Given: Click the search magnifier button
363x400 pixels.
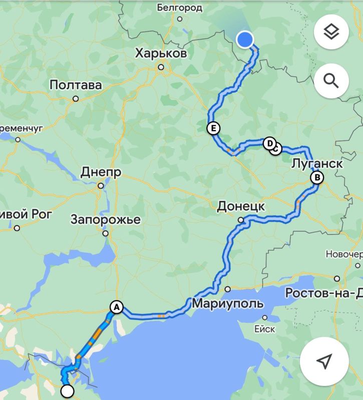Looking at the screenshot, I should tap(331, 80).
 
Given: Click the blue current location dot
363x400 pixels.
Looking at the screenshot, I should tap(245, 39).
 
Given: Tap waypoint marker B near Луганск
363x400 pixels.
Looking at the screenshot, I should tap(316, 177).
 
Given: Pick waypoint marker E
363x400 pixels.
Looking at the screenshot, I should tap(213, 128).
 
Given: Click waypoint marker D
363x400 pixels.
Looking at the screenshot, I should tap(270, 144).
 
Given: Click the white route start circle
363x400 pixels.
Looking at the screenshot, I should tap(67, 391).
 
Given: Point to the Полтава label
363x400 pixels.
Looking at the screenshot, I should tap(76, 85).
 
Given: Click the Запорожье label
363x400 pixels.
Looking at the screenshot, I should tap(106, 219).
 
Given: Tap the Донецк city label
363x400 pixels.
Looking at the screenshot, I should tap(241, 206).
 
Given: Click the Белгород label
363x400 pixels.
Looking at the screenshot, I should tap(179, 7).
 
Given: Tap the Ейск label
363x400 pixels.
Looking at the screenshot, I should tap(265, 328).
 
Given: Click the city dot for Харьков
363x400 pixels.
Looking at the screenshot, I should tap(161, 66).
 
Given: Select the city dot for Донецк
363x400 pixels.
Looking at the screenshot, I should tap(241, 219).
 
